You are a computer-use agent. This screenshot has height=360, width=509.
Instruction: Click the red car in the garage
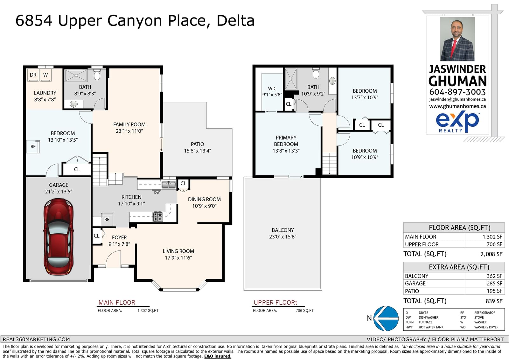click(x=59, y=236)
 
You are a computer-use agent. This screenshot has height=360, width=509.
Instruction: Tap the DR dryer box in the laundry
click(x=33, y=75)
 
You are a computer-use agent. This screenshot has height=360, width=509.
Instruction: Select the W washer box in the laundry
click(x=45, y=75)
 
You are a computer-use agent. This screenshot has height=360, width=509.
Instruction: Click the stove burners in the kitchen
click(x=158, y=216)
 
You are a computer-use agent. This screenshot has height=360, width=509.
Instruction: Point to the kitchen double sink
click(x=169, y=185)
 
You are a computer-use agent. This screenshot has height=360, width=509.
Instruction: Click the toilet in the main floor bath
click(x=97, y=74)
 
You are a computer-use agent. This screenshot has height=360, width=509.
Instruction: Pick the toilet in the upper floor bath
click(x=316, y=73)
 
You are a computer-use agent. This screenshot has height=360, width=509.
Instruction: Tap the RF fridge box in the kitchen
click(x=107, y=220)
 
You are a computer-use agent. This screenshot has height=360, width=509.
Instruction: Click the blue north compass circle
click(x=386, y=318)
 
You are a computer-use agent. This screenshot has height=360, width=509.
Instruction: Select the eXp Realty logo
click(x=457, y=122)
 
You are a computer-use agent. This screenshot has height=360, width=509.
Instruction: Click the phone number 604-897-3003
click(x=457, y=92)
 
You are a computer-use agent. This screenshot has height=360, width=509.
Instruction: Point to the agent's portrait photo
click(x=457, y=39)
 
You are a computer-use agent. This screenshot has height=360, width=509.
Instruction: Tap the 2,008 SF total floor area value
click(x=491, y=254)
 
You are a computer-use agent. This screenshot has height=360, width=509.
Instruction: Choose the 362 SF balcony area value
click(x=494, y=276)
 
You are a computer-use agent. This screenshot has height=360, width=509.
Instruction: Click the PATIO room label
click(x=197, y=144)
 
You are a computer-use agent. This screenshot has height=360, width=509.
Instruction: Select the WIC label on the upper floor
click(x=272, y=88)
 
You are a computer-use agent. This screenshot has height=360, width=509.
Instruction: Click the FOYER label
click(x=119, y=237)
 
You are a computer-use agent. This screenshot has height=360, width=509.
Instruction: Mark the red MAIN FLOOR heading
click(x=117, y=302)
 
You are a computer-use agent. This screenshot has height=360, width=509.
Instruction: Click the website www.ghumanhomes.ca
click(x=457, y=106)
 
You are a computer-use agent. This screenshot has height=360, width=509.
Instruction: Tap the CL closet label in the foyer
click(x=97, y=236)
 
